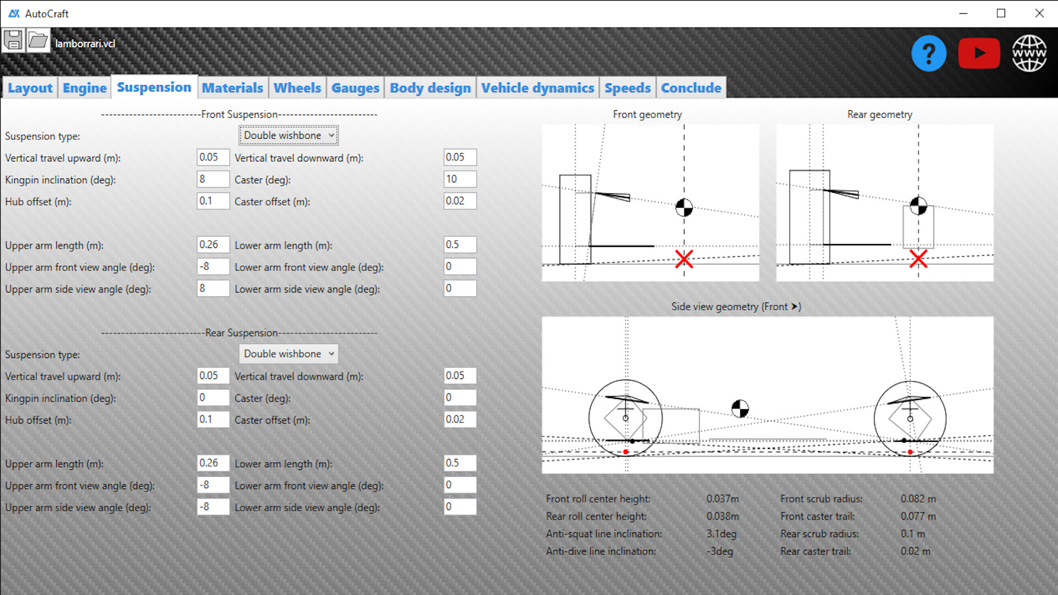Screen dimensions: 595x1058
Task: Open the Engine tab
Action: tap(84, 88)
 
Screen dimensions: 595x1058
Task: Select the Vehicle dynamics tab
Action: tap(537, 88)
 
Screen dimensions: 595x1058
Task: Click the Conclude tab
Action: tap(690, 88)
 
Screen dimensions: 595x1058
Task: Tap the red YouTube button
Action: tap(979, 53)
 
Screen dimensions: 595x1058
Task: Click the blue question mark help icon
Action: tap(929, 53)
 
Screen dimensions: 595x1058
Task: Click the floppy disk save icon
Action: tap(13, 41)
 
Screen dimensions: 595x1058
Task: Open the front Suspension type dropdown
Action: tap(289, 136)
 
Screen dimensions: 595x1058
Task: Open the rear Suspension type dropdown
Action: tap(289, 354)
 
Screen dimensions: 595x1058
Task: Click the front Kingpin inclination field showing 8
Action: tap(213, 179)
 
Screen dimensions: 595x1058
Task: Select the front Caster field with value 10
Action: tap(460, 179)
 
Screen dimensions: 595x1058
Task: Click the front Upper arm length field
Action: tap(213, 245)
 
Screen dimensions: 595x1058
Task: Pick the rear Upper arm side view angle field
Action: tap(213, 507)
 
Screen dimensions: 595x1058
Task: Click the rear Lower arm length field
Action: tap(460, 463)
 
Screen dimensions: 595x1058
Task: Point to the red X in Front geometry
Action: tap(684, 259)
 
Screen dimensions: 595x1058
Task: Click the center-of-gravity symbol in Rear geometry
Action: tap(918, 206)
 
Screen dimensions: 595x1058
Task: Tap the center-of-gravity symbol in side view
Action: tap(740, 409)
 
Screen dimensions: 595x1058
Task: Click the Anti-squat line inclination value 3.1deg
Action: tap(721, 534)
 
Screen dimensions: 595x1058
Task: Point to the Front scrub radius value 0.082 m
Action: tap(918, 499)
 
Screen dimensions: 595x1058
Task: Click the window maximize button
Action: tap(1001, 13)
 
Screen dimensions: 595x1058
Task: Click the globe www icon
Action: tap(1029, 53)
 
